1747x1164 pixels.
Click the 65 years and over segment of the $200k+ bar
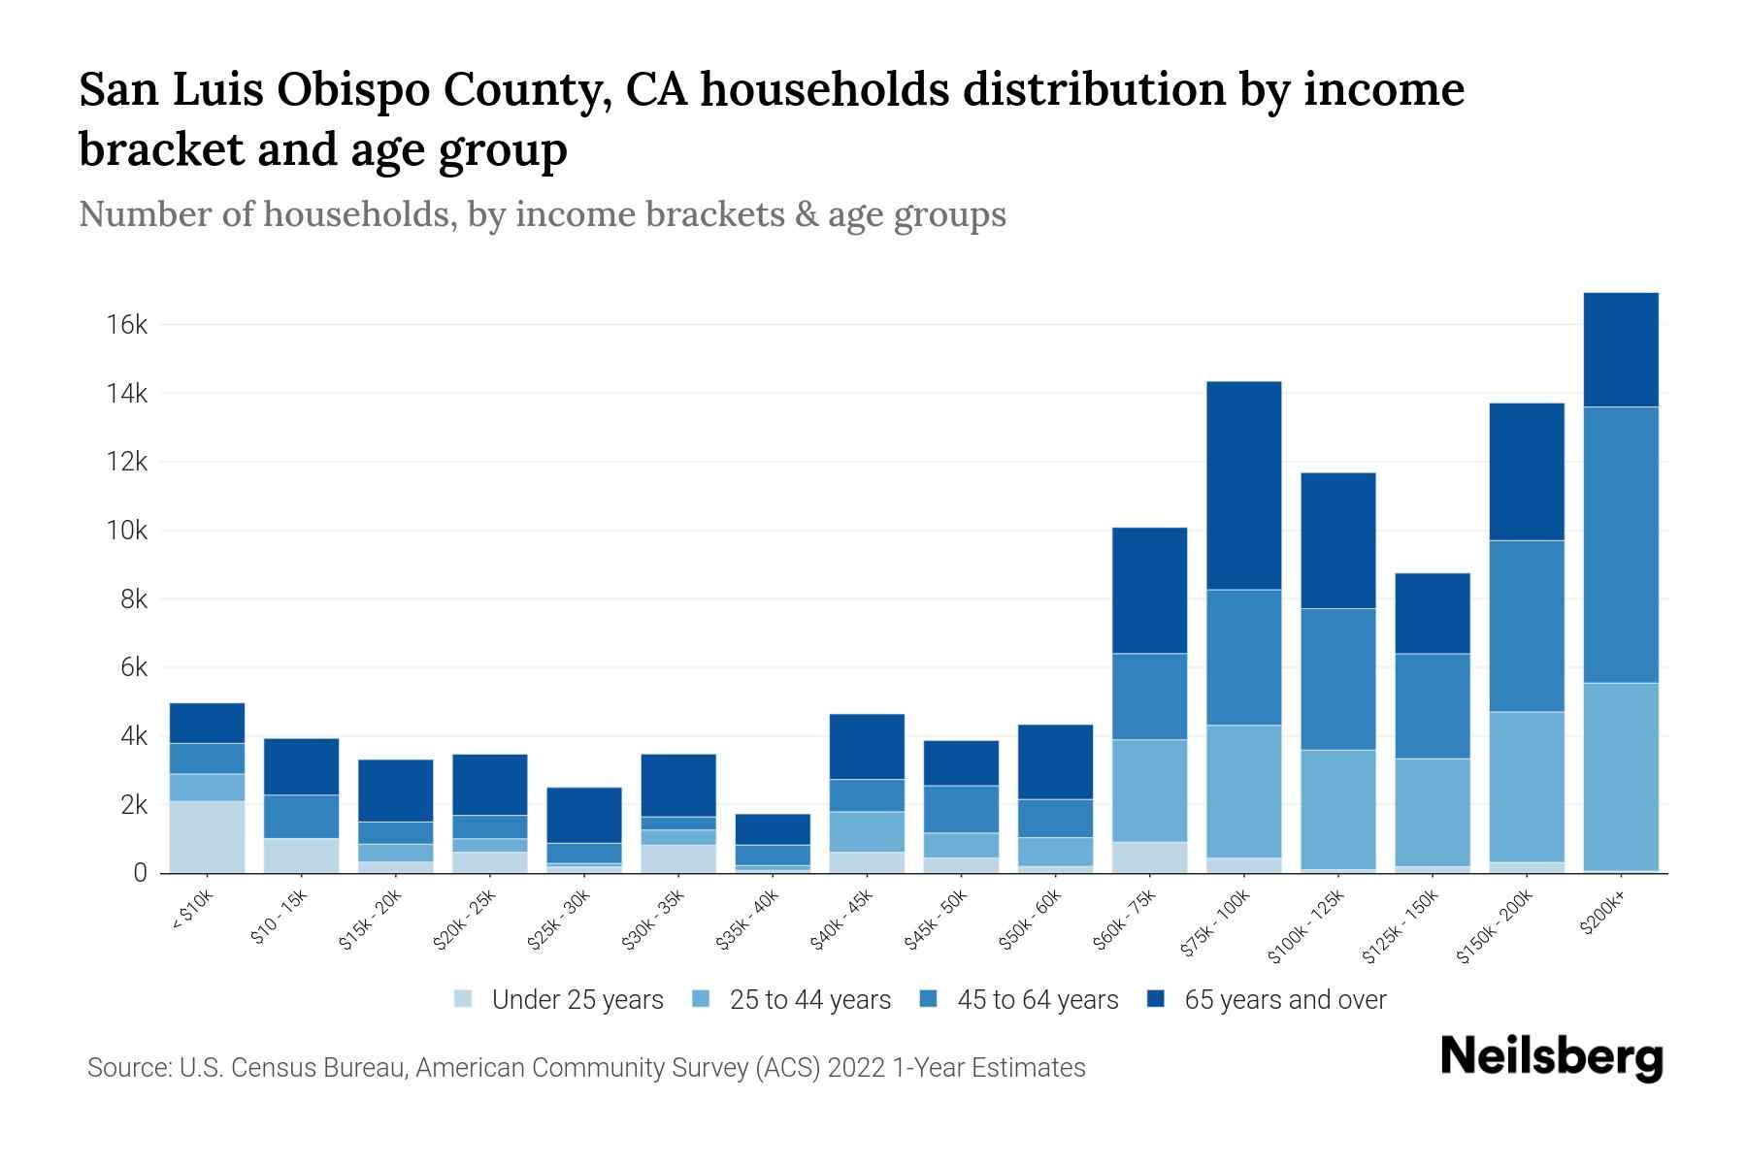(x=1620, y=349)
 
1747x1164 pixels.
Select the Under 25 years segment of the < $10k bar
(x=207, y=836)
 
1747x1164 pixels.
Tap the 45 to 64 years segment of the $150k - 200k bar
(x=1526, y=626)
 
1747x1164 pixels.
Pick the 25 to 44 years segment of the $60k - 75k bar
(x=1149, y=791)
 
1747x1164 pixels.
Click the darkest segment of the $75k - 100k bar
(x=1243, y=485)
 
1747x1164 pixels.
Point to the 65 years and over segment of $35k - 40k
(x=772, y=829)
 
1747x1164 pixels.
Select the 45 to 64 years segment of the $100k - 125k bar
(x=1337, y=679)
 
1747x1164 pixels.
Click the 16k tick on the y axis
(x=127, y=325)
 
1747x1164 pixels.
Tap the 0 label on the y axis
(x=140, y=874)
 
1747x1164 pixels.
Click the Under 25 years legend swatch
(x=464, y=999)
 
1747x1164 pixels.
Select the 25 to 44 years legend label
(x=809, y=1000)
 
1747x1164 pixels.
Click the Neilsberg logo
(x=1551, y=1057)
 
